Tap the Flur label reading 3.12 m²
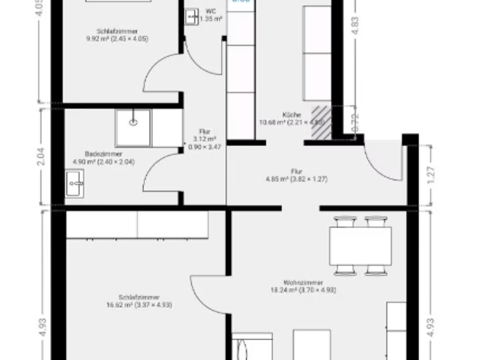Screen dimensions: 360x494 coord(205,139)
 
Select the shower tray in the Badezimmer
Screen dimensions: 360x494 coord(133,127)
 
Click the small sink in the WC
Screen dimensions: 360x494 coord(191,17)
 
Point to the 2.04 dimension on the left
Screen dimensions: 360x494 coord(42,157)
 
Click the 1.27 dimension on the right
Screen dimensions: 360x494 coord(430,174)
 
